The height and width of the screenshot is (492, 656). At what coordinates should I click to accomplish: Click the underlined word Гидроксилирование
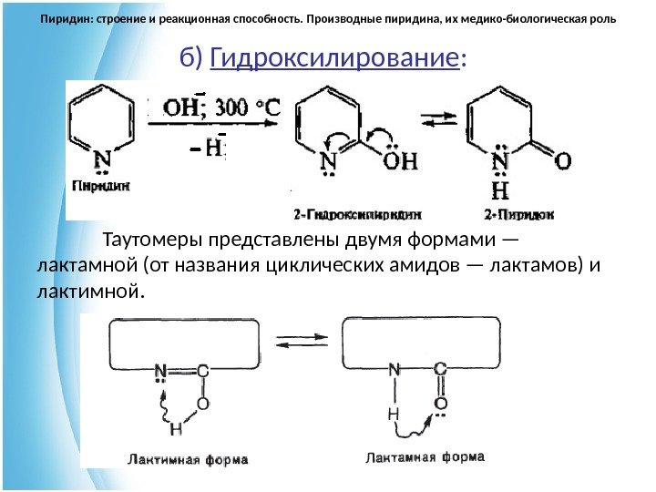[333, 60]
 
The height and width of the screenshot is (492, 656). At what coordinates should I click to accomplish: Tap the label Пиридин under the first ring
[101, 184]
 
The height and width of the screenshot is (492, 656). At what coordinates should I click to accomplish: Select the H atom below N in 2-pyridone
[499, 192]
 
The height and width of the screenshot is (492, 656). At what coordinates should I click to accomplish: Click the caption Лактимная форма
[187, 459]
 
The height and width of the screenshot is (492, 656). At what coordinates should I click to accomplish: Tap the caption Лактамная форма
[425, 456]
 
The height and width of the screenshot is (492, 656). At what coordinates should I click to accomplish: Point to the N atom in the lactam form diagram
[395, 370]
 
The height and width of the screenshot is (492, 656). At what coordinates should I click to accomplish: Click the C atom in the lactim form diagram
[202, 371]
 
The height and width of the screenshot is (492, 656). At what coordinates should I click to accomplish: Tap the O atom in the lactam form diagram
[440, 403]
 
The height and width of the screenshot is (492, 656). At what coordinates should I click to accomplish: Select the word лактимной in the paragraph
[87, 292]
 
